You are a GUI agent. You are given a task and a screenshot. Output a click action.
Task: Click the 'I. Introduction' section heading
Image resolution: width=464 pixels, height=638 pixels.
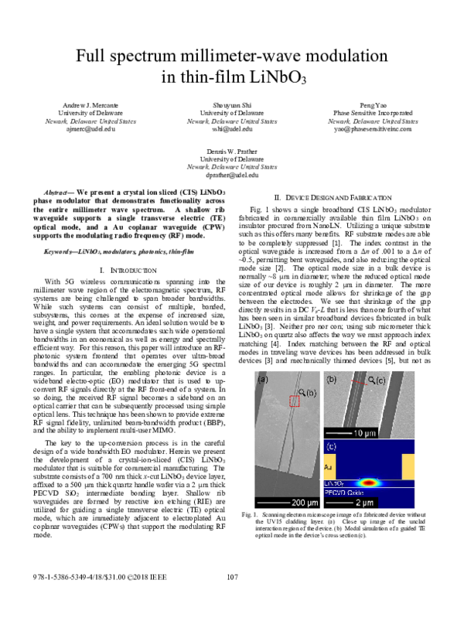tap(125, 270)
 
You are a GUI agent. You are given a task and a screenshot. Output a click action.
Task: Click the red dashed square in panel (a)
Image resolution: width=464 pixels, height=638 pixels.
tap(294, 400)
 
